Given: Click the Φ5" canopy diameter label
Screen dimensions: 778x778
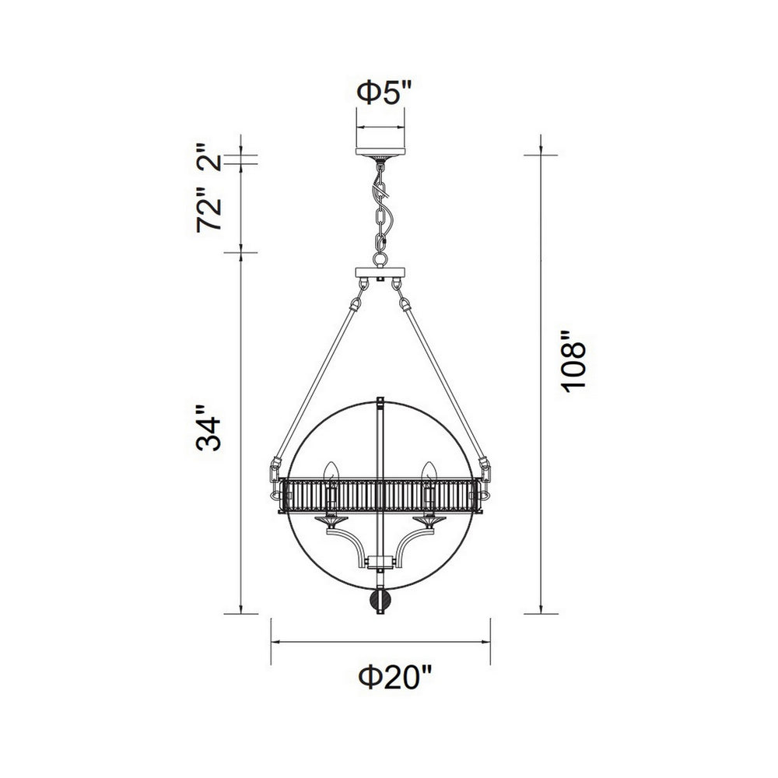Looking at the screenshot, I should pyautogui.click(x=380, y=94).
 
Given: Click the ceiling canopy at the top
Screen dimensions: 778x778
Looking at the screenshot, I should pyautogui.click(x=380, y=150).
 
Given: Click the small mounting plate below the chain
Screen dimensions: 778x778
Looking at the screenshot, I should pyautogui.click(x=380, y=273).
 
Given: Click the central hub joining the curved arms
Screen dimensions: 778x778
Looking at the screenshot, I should pyautogui.click(x=380, y=561).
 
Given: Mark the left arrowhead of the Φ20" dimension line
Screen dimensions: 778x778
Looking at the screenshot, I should pyautogui.click(x=274, y=643).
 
